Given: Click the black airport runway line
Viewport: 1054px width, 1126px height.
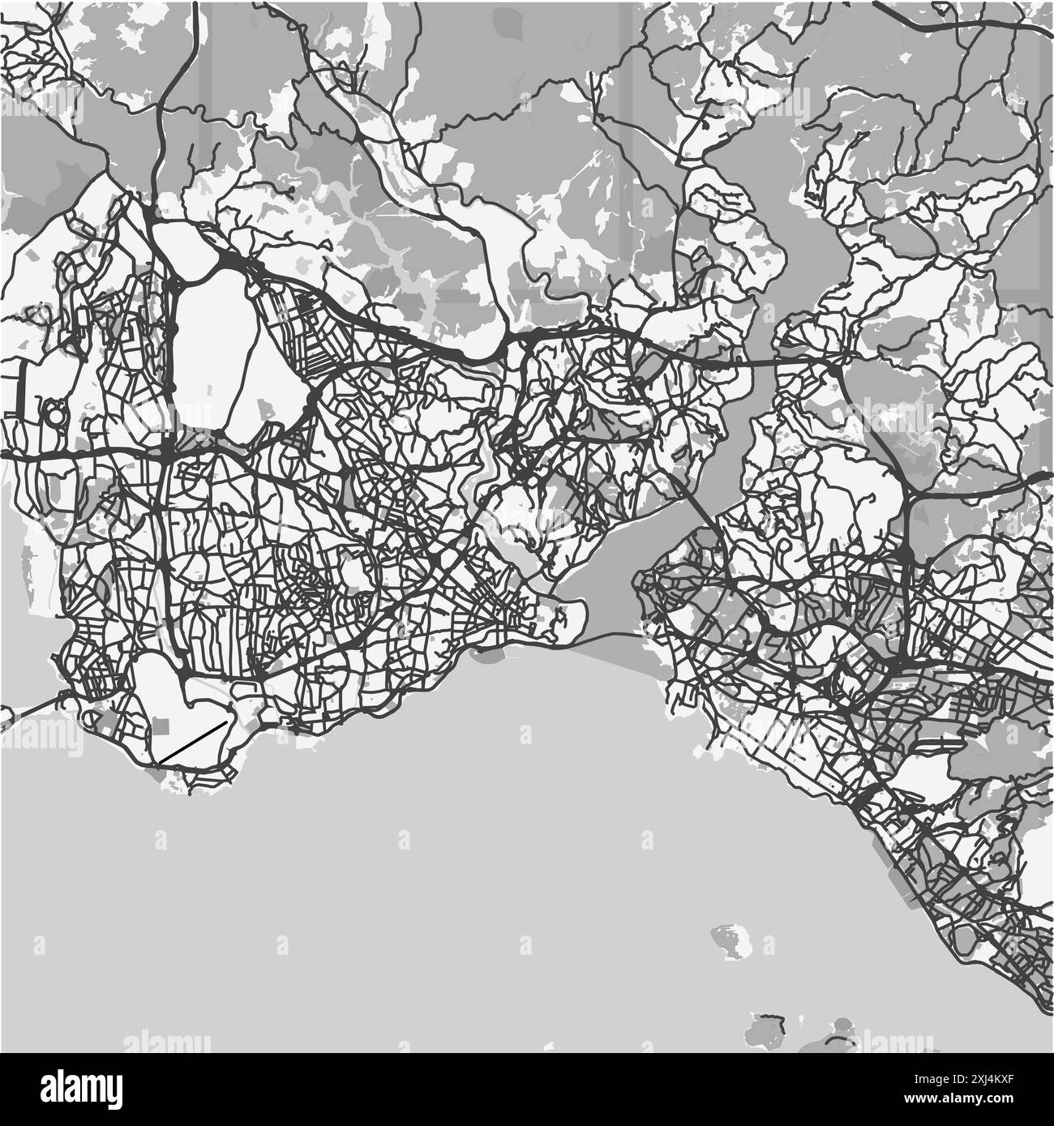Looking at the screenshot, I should coord(193,742).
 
